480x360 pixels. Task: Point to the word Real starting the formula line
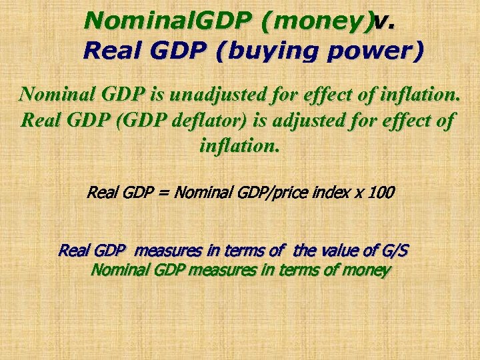coord(101,193)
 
